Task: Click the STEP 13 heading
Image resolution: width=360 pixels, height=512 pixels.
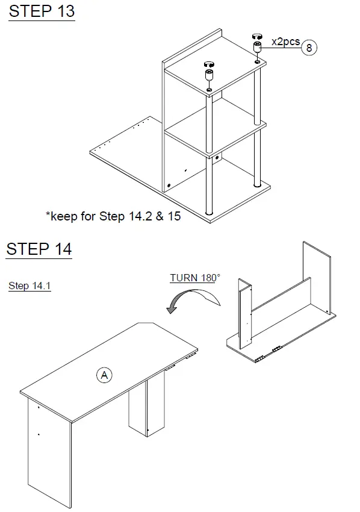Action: point(42,11)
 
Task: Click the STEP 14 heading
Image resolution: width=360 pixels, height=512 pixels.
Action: point(39,249)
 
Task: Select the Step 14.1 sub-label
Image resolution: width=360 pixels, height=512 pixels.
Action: point(29,286)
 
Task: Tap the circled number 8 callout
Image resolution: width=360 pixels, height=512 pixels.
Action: point(309,48)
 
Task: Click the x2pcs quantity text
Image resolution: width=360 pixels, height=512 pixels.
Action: point(285,42)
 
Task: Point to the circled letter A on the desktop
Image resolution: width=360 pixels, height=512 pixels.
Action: point(104,375)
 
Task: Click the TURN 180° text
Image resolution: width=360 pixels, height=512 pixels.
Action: point(194,278)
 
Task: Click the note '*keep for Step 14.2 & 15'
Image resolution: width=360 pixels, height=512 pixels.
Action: point(113,216)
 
